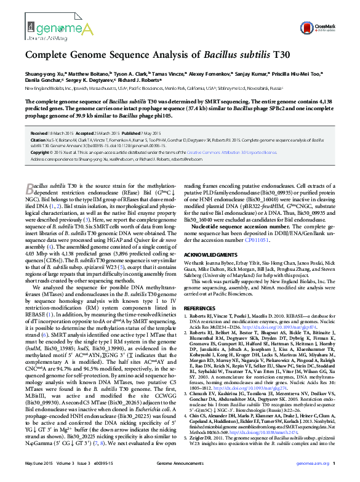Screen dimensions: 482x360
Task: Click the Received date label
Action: click(x=39, y=133)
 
